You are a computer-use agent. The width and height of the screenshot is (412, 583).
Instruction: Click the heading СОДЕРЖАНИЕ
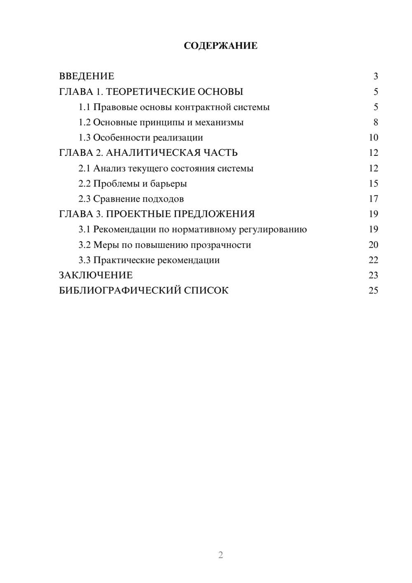tap(220, 46)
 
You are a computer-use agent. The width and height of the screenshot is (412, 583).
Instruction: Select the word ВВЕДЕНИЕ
tap(87, 76)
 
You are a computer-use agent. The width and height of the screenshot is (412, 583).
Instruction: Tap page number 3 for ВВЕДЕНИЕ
tap(376, 76)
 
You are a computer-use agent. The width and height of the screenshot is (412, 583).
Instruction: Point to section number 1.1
tap(84, 107)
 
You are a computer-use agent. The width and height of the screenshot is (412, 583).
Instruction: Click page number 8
tap(376, 122)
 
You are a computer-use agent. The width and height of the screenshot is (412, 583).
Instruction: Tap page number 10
tap(373, 138)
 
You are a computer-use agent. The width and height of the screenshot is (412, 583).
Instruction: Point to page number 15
tap(373, 183)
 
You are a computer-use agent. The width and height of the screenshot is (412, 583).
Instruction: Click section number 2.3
tap(84, 199)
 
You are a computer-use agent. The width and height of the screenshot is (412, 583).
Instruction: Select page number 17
tap(373, 199)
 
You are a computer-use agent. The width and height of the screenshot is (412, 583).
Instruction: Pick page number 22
tap(373, 260)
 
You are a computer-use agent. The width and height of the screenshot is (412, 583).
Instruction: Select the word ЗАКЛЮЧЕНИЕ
tap(96, 275)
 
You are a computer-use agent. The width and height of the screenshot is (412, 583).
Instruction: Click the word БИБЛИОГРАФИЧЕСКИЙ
tap(120, 291)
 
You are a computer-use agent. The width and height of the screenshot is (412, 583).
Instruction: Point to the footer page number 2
tap(220, 555)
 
